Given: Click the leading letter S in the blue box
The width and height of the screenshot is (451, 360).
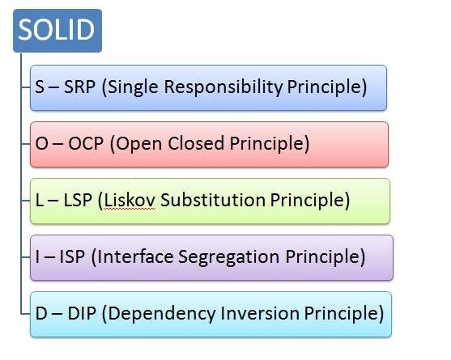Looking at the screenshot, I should pyautogui.click(x=30, y=87).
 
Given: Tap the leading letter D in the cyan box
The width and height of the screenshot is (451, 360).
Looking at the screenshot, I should pyautogui.click(x=32, y=313).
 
